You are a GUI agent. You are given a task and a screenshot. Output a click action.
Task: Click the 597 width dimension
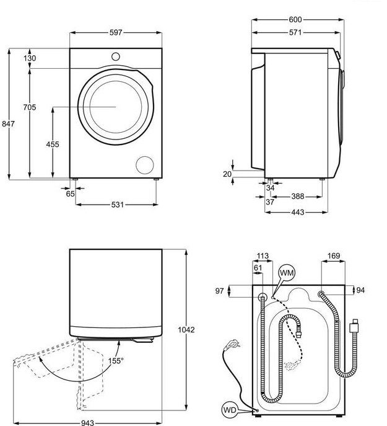coord(115,32)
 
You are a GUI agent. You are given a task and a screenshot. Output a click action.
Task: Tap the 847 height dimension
coord(8,124)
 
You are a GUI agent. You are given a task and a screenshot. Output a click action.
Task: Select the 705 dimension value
coord(29,107)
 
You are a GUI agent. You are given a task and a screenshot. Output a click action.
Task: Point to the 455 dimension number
coord(53,144)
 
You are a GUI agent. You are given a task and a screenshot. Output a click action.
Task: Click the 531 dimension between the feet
coord(115,204)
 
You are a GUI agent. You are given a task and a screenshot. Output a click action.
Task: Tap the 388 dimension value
coord(297,197)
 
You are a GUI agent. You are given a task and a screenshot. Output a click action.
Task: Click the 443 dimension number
coord(297,212)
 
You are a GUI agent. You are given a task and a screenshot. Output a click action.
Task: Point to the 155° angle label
coord(115,360)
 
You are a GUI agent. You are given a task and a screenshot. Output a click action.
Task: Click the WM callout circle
coord(286,272)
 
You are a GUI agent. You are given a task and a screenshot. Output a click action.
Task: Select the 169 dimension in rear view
coord(333,255)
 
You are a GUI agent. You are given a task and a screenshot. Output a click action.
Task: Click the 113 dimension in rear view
coord(263,255)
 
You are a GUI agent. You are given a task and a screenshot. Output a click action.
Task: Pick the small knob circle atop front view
coord(115,56)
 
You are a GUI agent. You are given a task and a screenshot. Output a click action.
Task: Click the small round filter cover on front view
coord(145,164)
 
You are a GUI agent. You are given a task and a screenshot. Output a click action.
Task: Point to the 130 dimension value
coord(29,58)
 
